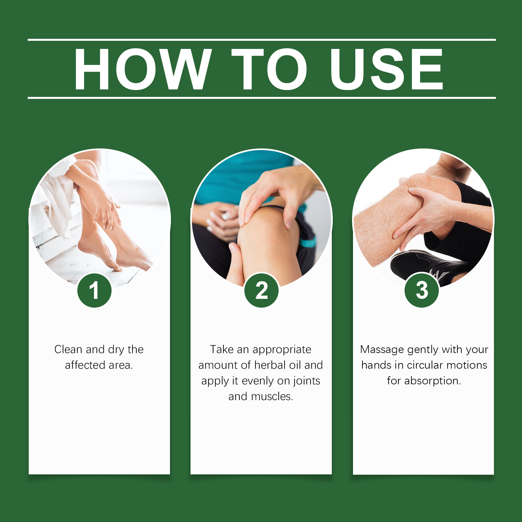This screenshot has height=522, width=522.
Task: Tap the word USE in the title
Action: (387, 69)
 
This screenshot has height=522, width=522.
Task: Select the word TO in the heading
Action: (269, 69)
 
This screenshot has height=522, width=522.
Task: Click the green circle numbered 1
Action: (95, 290)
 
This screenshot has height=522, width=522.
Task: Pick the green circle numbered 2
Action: (262, 290)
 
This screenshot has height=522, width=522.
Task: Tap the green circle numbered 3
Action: (422, 290)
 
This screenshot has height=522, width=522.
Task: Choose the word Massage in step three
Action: (382, 350)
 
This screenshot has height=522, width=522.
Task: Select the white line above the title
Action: (262, 40)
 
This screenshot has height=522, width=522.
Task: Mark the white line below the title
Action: (262, 98)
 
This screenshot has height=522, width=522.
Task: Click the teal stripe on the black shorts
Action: (308, 242)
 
